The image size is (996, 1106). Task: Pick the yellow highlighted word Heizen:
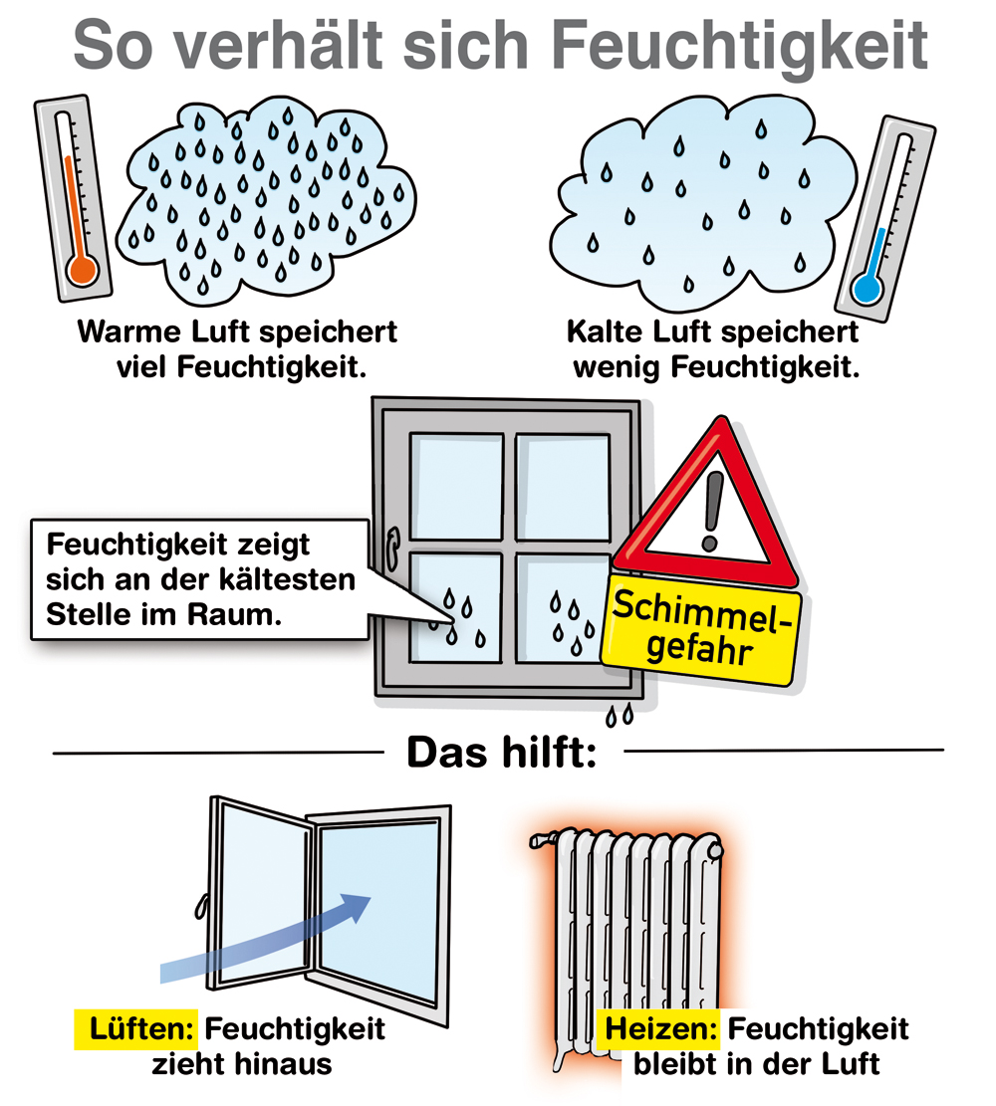tap(659, 1027)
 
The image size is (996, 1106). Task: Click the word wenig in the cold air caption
tap(616, 366)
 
